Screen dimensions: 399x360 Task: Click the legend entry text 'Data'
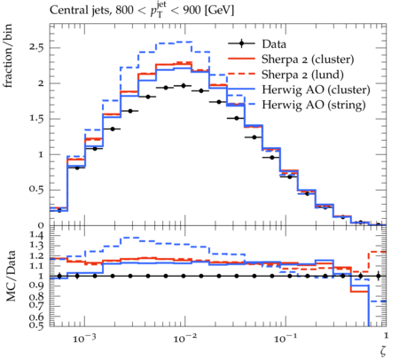coord(274,44)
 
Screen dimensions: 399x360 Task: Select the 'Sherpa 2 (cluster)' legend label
coord(308,59)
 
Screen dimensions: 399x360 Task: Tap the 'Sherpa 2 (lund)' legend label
coord(302,74)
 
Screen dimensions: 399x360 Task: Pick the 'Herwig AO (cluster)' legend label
coord(316,90)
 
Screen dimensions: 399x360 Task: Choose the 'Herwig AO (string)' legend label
coord(314,105)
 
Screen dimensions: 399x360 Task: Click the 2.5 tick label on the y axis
coord(36,47)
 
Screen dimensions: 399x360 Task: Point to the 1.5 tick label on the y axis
coord(36,119)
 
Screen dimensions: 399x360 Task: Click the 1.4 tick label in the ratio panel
coord(36,236)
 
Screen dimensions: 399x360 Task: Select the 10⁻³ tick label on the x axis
coord(84,339)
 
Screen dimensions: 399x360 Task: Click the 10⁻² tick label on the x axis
coord(184,339)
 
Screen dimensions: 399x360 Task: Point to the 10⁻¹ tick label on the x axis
coord(285,339)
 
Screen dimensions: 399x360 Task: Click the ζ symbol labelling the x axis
coord(383,351)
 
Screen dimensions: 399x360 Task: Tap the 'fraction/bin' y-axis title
coord(8,56)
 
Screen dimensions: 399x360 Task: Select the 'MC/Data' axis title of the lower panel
coord(11,276)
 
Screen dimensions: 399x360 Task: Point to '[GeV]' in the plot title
coord(218,11)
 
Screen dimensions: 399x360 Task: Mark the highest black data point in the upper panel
coord(184,86)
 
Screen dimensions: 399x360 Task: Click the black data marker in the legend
coord(241,43)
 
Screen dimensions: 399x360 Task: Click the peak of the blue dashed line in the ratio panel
coord(129,238)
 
